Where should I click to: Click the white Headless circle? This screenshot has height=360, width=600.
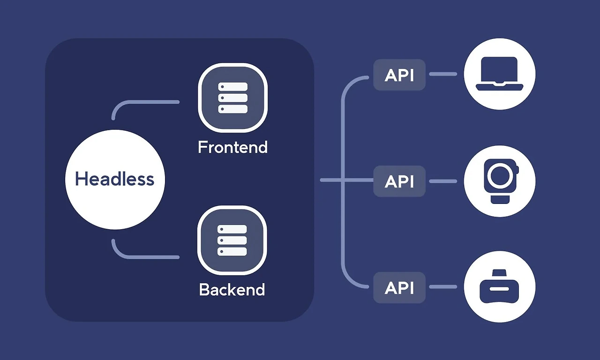pyautogui.click(x=115, y=180)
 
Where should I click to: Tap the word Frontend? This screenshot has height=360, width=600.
pyautogui.click(x=232, y=147)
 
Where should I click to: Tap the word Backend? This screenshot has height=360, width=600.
pyautogui.click(x=232, y=289)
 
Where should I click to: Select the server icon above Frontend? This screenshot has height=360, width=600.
pyautogui.click(x=232, y=97)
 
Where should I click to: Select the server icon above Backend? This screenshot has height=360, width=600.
pyautogui.click(x=232, y=240)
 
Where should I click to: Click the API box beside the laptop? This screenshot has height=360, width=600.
pyautogui.click(x=399, y=75)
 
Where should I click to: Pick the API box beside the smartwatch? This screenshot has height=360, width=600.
pyautogui.click(x=399, y=181)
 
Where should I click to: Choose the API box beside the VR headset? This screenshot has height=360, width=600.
pyautogui.click(x=399, y=287)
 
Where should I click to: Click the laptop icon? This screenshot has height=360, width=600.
pyautogui.click(x=500, y=74)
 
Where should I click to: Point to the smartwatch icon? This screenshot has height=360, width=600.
pyautogui.click(x=500, y=181)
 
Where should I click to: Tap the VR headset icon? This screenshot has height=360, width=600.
pyautogui.click(x=500, y=287)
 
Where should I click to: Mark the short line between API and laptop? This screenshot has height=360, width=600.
pyautogui.click(x=443, y=74)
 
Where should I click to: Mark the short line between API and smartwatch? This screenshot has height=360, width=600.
pyautogui.click(x=443, y=181)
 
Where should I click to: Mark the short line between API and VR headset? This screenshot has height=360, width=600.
pyautogui.click(x=443, y=287)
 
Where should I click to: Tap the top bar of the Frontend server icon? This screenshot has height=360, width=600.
pyautogui.click(x=232, y=87)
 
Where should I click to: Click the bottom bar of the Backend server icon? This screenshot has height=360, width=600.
pyautogui.click(x=232, y=251)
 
